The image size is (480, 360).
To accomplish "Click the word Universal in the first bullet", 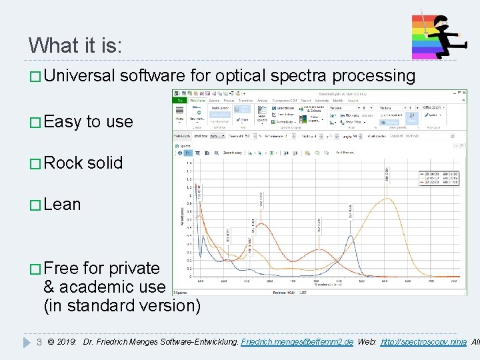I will pyautogui.click(x=80, y=76).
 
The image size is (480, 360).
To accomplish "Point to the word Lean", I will pyautogui.click(x=62, y=204).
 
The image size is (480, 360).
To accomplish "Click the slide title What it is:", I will pyautogui.click(x=75, y=45).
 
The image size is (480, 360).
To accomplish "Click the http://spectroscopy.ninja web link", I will pyautogui.click(x=423, y=342).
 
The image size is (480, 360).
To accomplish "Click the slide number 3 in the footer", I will pyautogui.click(x=39, y=342).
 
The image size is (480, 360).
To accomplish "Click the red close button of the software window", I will pyautogui.click(x=461, y=94).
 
